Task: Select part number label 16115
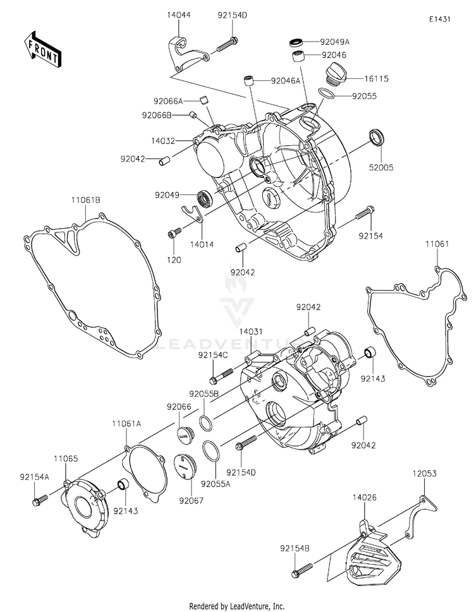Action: (376, 79)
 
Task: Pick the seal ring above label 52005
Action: (377, 136)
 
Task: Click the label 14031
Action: (251, 330)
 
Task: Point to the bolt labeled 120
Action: (172, 235)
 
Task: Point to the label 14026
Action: (365, 498)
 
